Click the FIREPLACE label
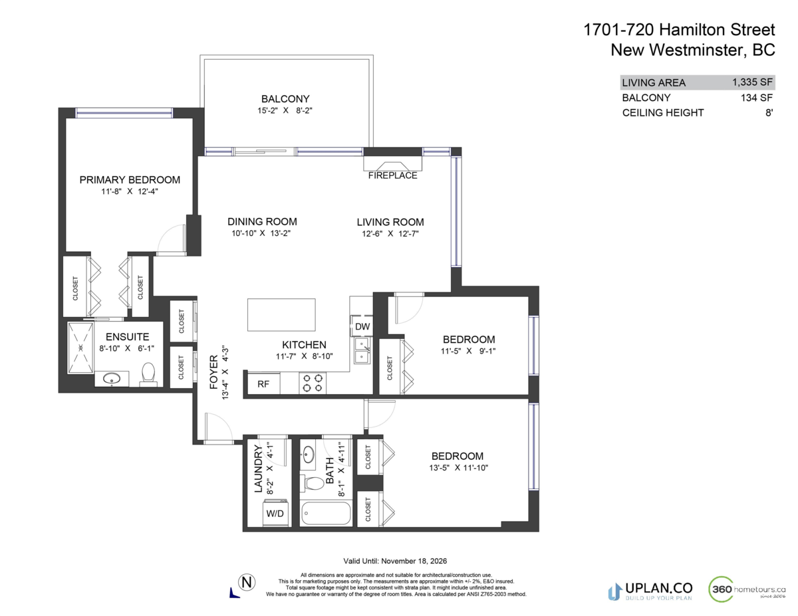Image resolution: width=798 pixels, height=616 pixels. coord(392,175)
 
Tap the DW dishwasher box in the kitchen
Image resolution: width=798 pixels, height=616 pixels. coord(362,326)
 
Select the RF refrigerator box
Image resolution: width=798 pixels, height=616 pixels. coord(263,383)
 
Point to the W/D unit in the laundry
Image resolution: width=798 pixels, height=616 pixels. coord(275,513)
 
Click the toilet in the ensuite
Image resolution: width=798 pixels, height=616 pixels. coord(149,373)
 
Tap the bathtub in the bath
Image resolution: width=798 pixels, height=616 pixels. coord(325,514)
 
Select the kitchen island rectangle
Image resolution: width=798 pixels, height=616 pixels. coord(281,315)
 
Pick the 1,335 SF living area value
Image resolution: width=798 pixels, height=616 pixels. coord(752,82)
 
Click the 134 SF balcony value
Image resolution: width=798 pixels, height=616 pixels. coord(757,98)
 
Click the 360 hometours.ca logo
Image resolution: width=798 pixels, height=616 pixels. coord(748,589)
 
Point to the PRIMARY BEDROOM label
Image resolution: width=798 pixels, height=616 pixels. coord(130,179)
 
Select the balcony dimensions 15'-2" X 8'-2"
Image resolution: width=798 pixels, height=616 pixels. coord(285,111)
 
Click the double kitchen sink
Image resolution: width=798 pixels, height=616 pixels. coord(362,351)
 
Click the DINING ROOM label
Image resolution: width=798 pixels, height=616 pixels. coord(262,221)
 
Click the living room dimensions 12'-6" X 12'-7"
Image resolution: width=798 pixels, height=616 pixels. coord(390,233)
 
